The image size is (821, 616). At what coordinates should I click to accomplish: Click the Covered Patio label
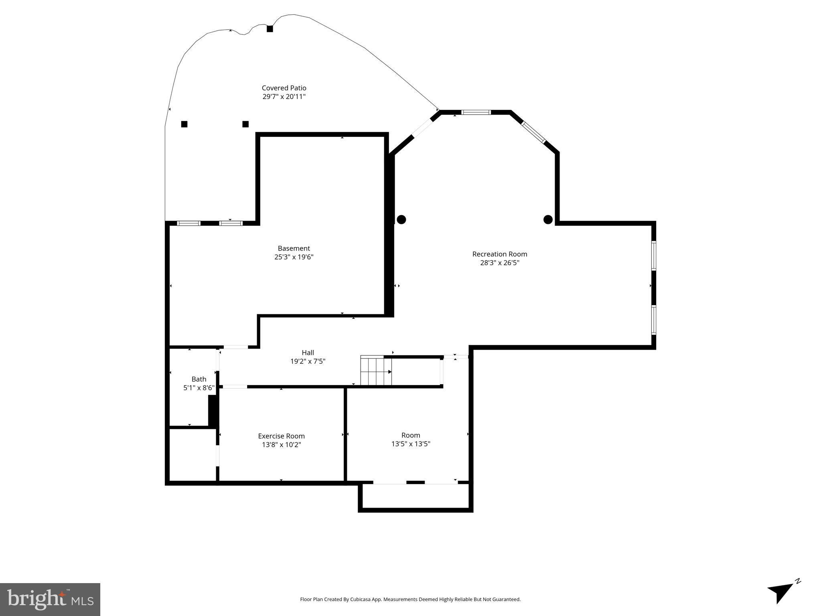tap(284, 88)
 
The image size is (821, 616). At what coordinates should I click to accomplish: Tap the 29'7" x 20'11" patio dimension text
tap(284, 97)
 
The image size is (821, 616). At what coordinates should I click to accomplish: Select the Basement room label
tap(294, 248)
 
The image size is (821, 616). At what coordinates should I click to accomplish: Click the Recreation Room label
tap(499, 254)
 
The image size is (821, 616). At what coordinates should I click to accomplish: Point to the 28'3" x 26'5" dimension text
tap(499, 263)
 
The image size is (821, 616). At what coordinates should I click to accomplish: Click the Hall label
tap(308, 353)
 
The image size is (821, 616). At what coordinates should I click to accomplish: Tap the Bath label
tap(199, 379)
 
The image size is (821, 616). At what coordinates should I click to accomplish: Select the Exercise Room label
tap(281, 436)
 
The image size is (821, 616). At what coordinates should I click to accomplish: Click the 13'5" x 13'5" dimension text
tap(411, 444)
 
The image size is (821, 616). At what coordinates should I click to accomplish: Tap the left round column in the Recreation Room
tap(401, 219)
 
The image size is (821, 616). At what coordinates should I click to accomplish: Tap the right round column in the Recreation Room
tap(548, 219)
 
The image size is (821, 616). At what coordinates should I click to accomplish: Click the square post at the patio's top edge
tap(270, 29)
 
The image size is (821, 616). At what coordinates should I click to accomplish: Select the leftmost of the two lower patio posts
tap(184, 124)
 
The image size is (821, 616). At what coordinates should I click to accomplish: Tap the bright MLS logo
tap(50, 599)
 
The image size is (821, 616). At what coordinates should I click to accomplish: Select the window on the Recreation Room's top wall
tap(476, 112)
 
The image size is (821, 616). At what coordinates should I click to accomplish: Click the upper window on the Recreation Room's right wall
tap(653, 255)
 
